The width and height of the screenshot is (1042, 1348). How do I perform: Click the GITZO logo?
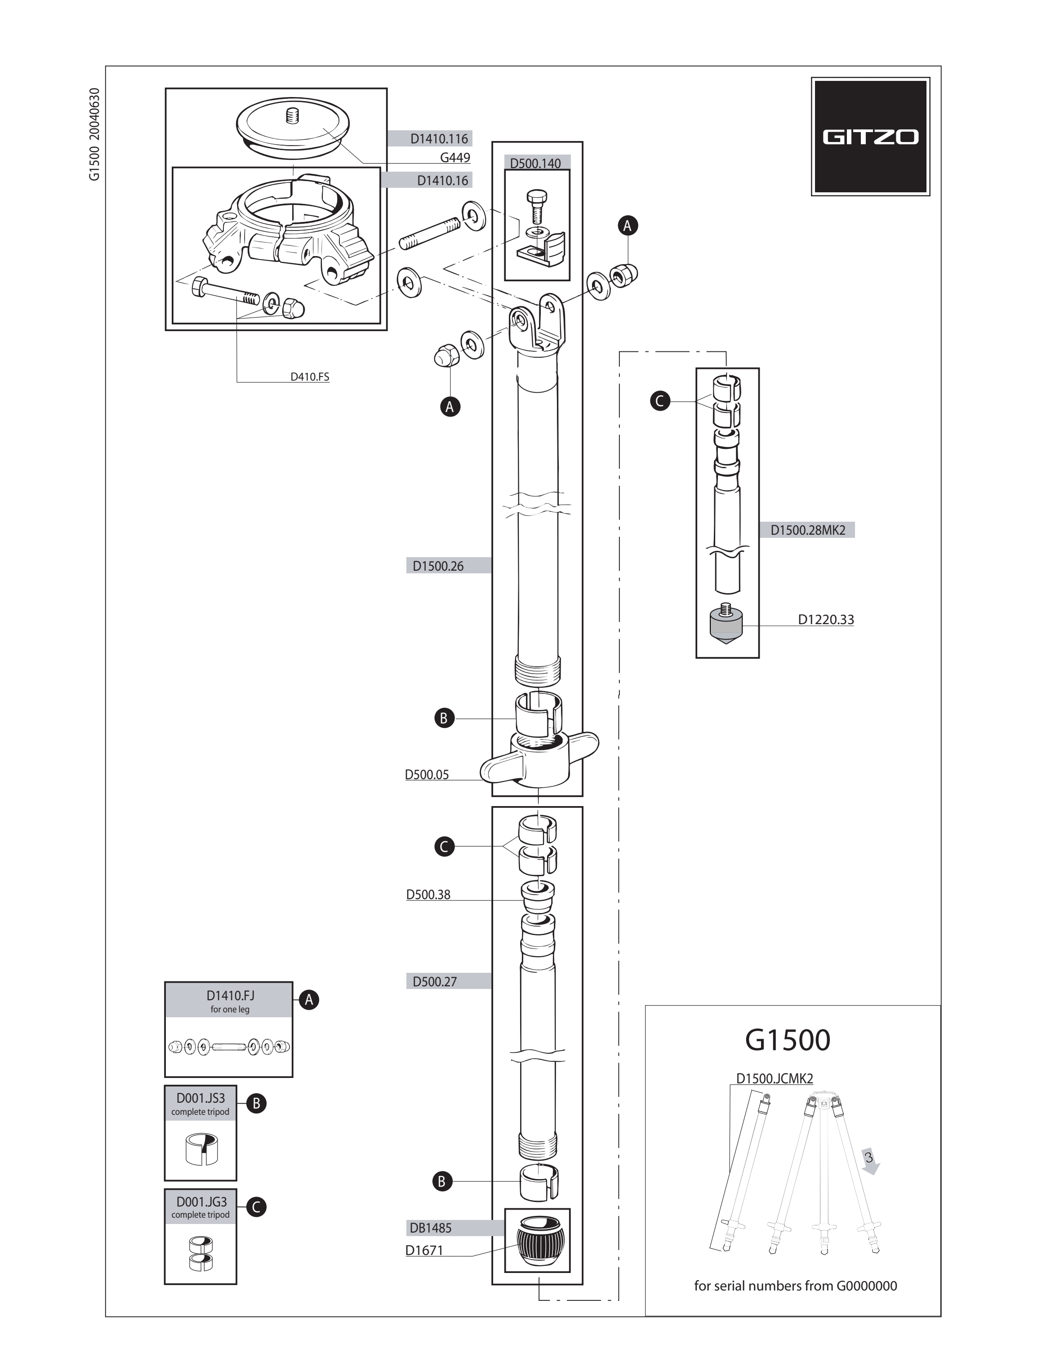coord(870,137)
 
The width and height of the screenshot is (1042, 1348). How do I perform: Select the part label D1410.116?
coord(439,139)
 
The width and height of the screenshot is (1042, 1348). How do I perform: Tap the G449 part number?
coord(455,157)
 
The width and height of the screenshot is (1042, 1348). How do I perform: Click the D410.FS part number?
coord(310,377)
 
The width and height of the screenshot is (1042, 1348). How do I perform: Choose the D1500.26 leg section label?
coord(438,566)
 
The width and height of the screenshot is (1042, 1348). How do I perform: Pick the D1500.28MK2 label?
coord(807,530)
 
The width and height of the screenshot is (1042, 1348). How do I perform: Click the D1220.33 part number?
coord(826,619)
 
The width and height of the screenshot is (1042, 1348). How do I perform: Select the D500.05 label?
coord(427,775)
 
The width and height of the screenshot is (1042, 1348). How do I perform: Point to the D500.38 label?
coord(428,894)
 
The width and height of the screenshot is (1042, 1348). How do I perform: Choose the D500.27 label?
coord(435,981)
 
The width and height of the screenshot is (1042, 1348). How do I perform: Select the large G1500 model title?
coord(788,1040)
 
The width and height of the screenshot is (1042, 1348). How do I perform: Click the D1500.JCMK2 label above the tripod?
coord(774,1078)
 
